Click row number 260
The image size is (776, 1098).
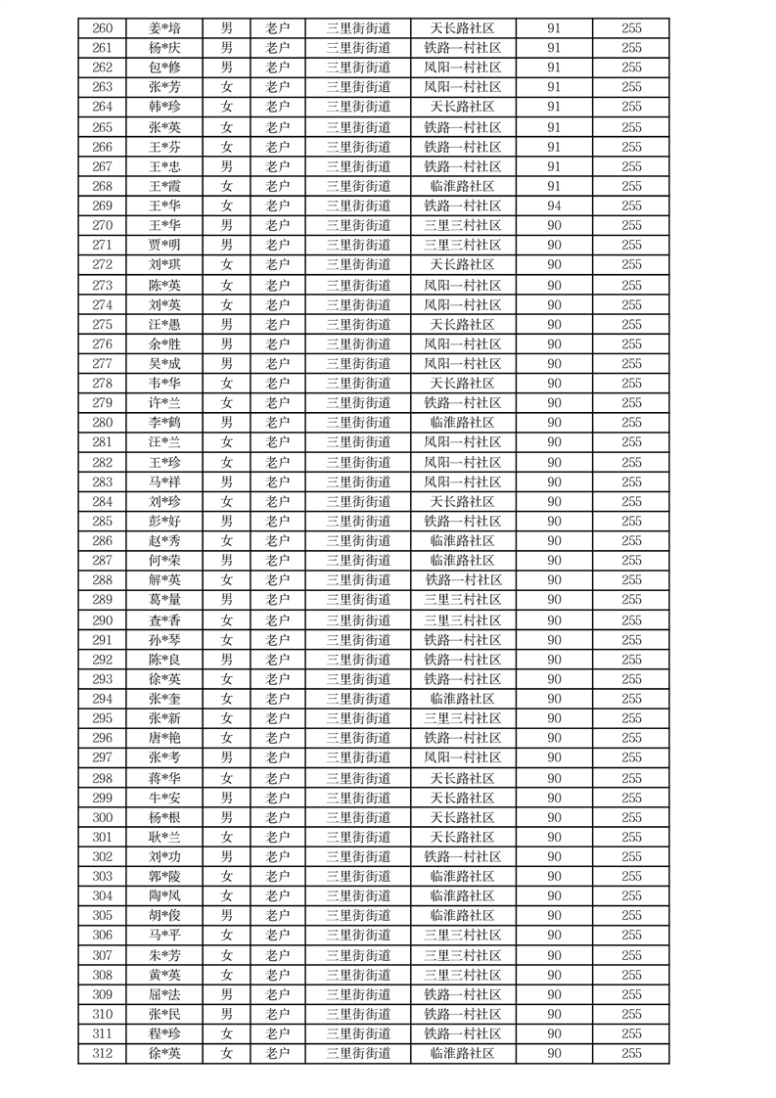[x=102, y=28]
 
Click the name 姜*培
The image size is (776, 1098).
[x=164, y=28]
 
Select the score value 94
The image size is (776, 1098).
[x=554, y=206]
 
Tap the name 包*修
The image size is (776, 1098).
[x=164, y=68]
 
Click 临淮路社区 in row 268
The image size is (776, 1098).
[x=463, y=186]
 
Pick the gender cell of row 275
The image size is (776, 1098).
[x=226, y=324]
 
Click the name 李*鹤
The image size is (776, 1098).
[x=164, y=423]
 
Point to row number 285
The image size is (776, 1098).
[x=102, y=522]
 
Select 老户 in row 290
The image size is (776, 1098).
[x=278, y=620]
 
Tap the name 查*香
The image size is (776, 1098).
[x=164, y=620]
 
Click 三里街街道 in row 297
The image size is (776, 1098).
[x=358, y=757]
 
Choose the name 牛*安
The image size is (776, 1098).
[x=164, y=798]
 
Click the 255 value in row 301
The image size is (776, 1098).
[x=631, y=837]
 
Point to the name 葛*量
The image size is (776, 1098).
[x=164, y=600]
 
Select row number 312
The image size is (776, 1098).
[x=102, y=1053]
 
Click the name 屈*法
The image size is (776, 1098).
[x=164, y=994]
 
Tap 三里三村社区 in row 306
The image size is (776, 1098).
[x=463, y=936]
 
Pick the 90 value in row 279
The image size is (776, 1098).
[x=554, y=403]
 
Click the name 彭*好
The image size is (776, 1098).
[x=164, y=522]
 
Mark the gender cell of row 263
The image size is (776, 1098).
[x=226, y=87]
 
